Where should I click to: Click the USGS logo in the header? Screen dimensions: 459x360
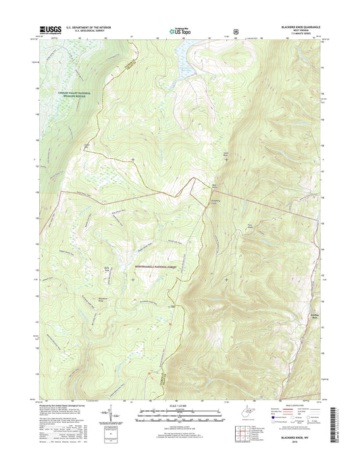pos(51,30)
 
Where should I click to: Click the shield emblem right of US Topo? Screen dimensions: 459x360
pos(235,31)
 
